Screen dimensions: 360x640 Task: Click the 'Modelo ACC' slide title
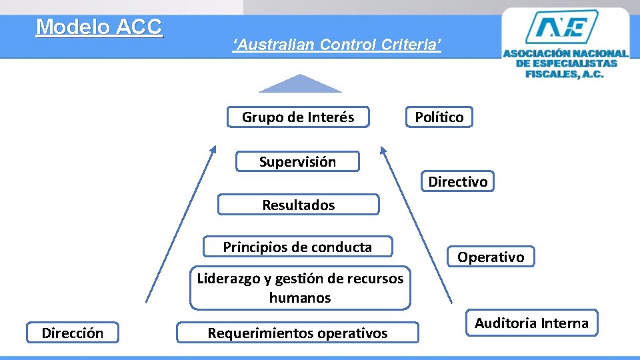point(99,27)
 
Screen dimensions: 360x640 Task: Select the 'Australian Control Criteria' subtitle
point(337,45)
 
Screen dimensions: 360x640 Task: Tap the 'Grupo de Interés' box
point(298,117)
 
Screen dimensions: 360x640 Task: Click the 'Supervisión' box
point(297,162)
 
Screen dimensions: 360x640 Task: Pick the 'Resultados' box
point(298,205)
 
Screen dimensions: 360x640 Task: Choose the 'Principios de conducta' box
point(297,247)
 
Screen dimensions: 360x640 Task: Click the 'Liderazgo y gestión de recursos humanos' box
point(300,288)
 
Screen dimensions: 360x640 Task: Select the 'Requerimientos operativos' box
point(297,333)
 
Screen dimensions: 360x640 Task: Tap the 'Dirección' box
point(72,333)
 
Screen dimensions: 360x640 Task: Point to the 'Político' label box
point(439,117)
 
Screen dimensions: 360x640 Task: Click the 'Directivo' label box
point(457,181)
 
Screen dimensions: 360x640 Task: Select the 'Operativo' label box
point(491,257)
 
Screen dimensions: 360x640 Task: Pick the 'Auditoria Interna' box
point(531,323)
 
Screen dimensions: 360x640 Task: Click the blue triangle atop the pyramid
point(300,85)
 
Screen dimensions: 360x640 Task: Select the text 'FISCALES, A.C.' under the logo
point(565,74)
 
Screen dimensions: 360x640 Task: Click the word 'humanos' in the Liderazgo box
point(300,298)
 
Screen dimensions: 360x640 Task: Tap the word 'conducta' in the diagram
point(344,247)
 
